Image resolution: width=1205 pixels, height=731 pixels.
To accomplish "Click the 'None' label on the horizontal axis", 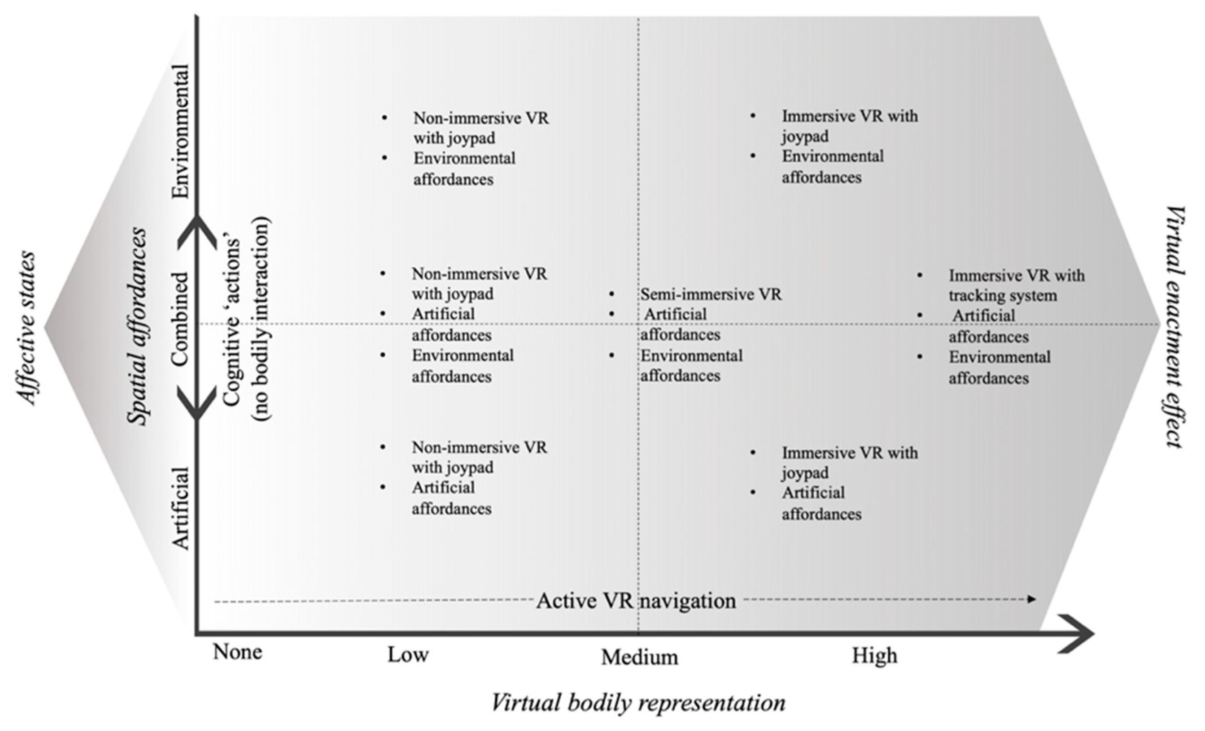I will (x=238, y=652).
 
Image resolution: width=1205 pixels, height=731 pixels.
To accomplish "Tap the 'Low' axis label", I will (x=408, y=655).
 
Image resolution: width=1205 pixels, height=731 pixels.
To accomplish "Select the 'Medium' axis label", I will (x=639, y=657).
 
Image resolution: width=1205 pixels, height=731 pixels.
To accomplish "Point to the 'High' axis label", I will (x=874, y=655).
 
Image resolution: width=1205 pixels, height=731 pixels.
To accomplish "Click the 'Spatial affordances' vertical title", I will (x=137, y=326).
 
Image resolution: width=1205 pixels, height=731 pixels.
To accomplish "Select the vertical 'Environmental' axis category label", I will (x=180, y=131).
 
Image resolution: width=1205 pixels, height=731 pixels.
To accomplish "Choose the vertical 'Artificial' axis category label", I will (x=180, y=508).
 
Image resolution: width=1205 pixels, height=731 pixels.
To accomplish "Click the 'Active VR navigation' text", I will (x=636, y=601).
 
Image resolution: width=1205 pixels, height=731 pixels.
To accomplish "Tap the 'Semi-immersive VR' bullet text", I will (x=711, y=294).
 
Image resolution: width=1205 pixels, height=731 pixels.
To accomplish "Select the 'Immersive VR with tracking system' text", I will (x=1016, y=285).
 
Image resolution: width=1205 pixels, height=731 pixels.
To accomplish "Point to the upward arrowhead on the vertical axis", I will (x=196, y=229).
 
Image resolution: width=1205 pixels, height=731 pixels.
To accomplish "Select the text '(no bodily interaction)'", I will (x=261, y=319).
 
